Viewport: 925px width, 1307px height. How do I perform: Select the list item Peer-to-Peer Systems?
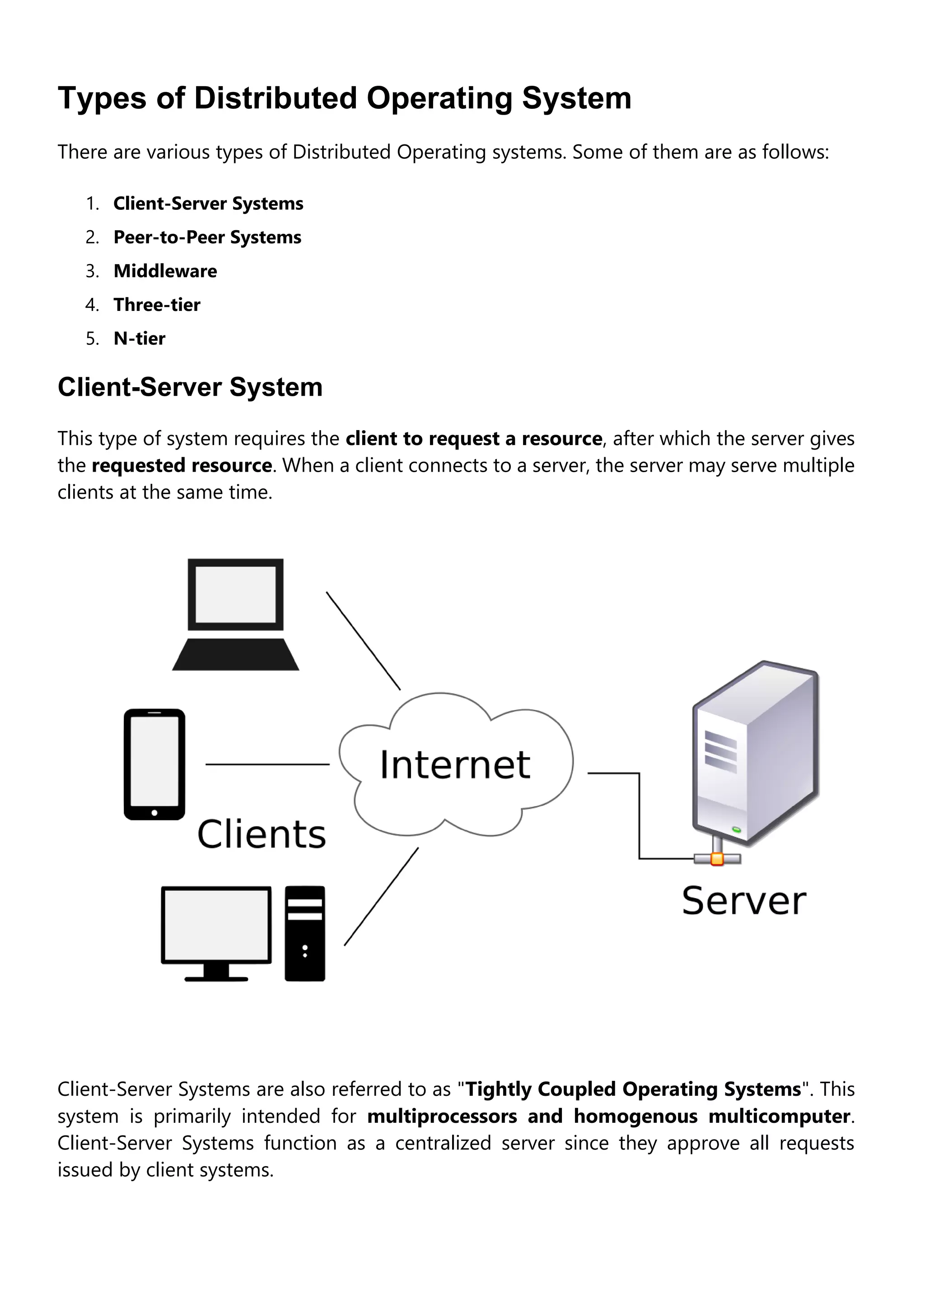click(x=207, y=237)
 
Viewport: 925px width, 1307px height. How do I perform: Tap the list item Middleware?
click(x=165, y=271)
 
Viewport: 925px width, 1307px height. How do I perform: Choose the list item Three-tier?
click(x=157, y=305)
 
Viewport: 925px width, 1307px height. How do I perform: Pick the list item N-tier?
click(x=140, y=338)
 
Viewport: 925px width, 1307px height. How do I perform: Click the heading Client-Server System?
click(x=190, y=387)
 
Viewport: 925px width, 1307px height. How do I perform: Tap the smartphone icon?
click(x=154, y=764)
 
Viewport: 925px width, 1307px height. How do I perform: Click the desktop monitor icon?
click(x=216, y=926)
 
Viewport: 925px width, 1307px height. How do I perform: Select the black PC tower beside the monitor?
click(x=305, y=934)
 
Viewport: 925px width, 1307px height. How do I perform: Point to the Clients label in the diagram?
click(x=262, y=834)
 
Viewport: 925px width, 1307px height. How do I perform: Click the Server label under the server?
click(x=743, y=901)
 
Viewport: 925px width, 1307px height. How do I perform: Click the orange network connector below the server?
click(x=717, y=858)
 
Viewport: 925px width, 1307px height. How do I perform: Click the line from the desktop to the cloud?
click(x=381, y=897)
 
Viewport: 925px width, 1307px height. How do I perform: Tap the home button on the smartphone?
click(x=154, y=813)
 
